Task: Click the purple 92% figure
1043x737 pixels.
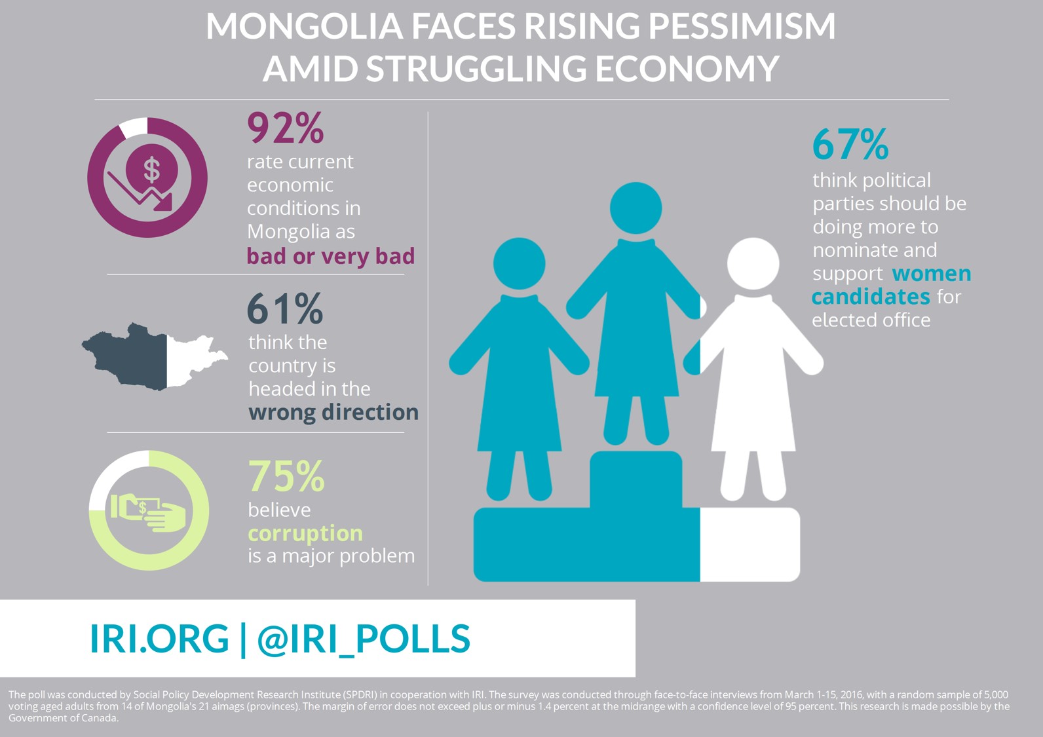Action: pyautogui.click(x=285, y=128)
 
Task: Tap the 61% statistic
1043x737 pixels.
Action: pyautogui.click(x=284, y=308)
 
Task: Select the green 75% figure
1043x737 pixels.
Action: pyautogui.click(x=286, y=476)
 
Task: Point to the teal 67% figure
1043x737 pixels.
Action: pyautogui.click(x=850, y=144)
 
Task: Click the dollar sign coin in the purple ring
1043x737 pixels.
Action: pyautogui.click(x=152, y=168)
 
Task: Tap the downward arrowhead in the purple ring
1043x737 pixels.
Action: pyautogui.click(x=163, y=202)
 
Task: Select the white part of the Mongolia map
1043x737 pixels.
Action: pyautogui.click(x=193, y=359)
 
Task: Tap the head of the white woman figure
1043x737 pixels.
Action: pyautogui.click(x=753, y=264)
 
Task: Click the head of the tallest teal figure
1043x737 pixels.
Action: pyautogui.click(x=635, y=208)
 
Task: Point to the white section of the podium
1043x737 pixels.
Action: pyautogui.click(x=749, y=544)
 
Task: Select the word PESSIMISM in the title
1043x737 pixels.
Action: pyautogui.click(x=742, y=26)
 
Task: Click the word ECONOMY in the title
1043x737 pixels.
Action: pyautogui.click(x=687, y=68)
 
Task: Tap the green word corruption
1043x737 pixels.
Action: pyautogui.click(x=305, y=533)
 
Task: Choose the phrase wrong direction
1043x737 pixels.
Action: pyautogui.click(x=333, y=413)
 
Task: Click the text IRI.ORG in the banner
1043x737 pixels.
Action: pyautogui.click(x=159, y=638)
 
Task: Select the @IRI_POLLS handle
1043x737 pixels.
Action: pyautogui.click(x=364, y=639)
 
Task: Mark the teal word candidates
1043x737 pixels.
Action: pyautogui.click(x=871, y=297)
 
